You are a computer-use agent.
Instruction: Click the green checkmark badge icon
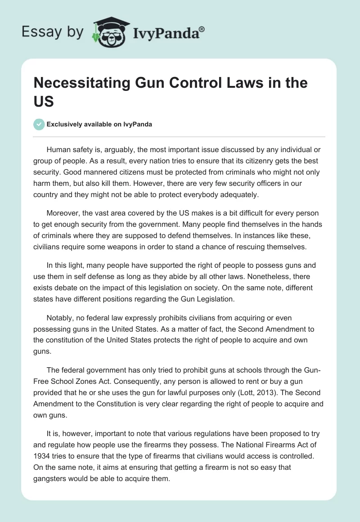coord(39,124)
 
